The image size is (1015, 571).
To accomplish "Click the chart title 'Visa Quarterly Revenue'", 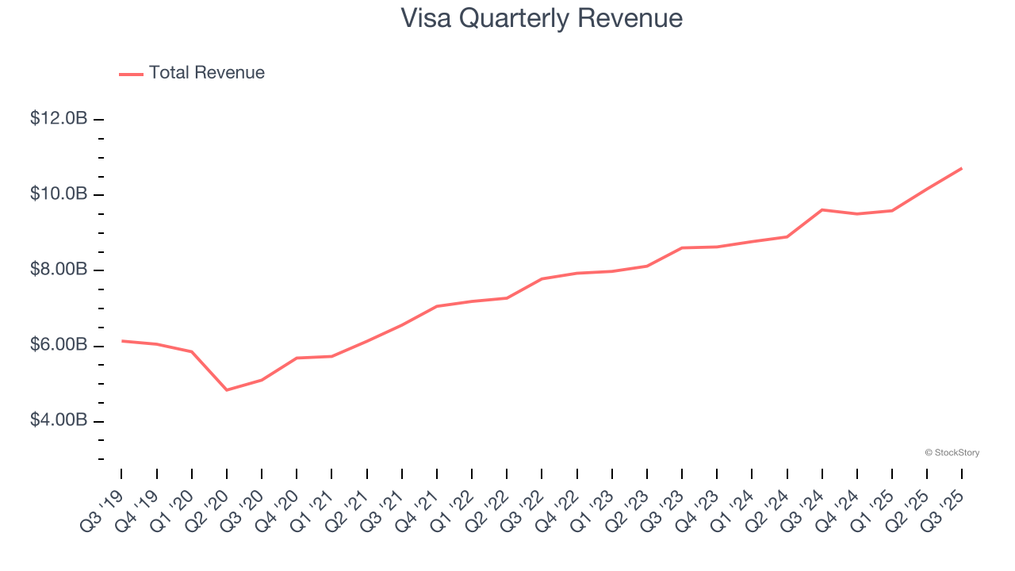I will point(542,17).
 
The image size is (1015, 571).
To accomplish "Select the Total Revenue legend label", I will point(206,73).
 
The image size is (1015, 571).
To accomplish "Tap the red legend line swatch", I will point(131,74).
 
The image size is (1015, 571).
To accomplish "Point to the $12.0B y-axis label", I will point(59,119).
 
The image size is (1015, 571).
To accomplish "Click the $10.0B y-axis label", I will point(59,194).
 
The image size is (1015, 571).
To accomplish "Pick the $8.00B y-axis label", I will point(59,270).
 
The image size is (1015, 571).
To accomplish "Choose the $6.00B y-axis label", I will point(59,346).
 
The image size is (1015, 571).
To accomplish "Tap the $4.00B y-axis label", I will point(59,420).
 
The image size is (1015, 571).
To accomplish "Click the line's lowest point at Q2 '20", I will point(227,390).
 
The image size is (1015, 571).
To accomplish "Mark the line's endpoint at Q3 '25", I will point(961,168).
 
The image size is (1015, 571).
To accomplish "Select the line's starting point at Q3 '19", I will point(122,341).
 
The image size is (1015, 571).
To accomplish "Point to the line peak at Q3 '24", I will point(822,210).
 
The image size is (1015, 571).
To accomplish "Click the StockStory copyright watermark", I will point(952,453).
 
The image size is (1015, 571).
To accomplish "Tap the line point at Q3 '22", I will point(542,279).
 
